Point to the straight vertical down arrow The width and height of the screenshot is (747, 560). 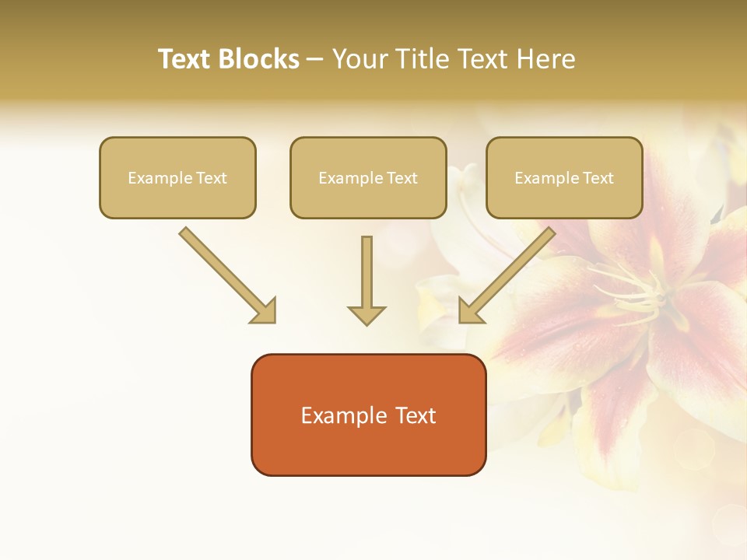(366, 272)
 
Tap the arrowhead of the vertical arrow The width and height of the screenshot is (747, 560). (366, 316)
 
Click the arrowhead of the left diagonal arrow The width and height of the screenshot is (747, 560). (265, 311)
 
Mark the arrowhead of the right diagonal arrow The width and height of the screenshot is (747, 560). (470, 311)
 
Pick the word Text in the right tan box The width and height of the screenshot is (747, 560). (598, 178)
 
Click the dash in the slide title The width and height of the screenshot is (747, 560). (315, 60)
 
